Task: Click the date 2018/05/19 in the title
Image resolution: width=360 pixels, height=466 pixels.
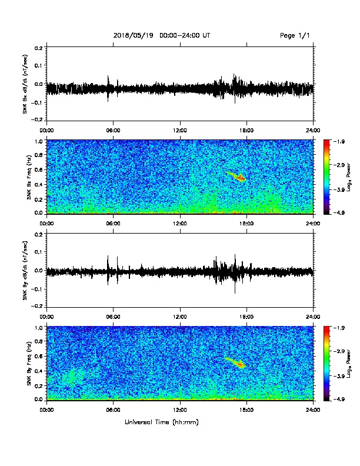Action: pyautogui.click(x=134, y=35)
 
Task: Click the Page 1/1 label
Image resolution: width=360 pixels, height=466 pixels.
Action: pyautogui.click(x=295, y=35)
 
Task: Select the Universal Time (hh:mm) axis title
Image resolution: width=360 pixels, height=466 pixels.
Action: pyautogui.click(x=162, y=422)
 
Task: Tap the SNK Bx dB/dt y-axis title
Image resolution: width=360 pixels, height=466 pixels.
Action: pyautogui.click(x=25, y=84)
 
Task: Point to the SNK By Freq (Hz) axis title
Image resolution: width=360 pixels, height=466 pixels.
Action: pyautogui.click(x=29, y=364)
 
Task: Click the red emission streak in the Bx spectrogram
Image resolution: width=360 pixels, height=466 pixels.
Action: pyautogui.click(x=236, y=177)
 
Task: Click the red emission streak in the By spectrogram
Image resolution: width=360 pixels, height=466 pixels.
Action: pyautogui.click(x=235, y=362)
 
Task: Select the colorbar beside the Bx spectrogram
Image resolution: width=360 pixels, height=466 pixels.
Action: pyautogui.click(x=326, y=177)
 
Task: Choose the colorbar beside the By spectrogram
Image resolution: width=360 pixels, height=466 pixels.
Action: pyautogui.click(x=326, y=363)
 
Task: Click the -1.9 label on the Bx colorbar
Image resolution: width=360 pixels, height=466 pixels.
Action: pyautogui.click(x=339, y=141)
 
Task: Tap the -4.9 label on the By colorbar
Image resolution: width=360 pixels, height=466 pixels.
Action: pyautogui.click(x=339, y=399)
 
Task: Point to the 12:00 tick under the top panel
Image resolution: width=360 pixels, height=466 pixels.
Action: pyautogui.click(x=180, y=131)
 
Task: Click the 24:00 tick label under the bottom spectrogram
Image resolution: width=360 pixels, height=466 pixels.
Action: pyautogui.click(x=314, y=410)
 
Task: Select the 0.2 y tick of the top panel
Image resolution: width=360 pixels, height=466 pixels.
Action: pyautogui.click(x=39, y=48)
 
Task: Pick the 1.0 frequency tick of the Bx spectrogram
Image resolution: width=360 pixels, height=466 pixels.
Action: pyautogui.click(x=39, y=141)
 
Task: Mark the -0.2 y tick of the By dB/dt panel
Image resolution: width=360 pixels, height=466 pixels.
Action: pyautogui.click(x=38, y=306)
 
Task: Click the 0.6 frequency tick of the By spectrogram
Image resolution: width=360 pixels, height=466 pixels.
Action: pyautogui.click(x=39, y=356)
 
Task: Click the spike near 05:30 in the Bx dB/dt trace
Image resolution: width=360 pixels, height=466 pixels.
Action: pyautogui.click(x=108, y=89)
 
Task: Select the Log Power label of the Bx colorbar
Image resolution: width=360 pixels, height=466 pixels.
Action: pyautogui.click(x=349, y=178)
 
